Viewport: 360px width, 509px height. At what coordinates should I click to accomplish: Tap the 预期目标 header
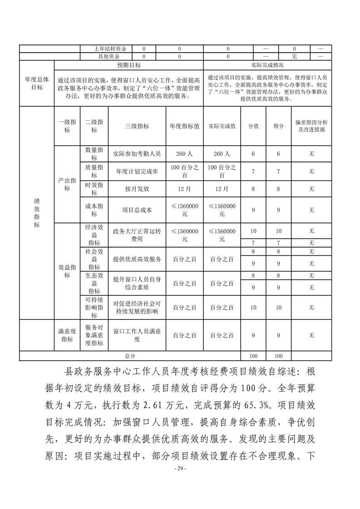coord(128,65)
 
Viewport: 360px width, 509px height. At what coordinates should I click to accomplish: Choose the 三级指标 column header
coord(137,126)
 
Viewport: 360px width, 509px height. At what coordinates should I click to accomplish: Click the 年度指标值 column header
coord(184,126)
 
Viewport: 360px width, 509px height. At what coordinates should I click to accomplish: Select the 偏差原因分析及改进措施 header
coord(311,126)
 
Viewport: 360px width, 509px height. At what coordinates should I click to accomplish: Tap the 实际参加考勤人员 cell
coord(137,154)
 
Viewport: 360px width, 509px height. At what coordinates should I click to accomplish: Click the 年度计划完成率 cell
coord(137,171)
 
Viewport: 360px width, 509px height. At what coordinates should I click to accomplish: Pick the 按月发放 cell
coord(137,188)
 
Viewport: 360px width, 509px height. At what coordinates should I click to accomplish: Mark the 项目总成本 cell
coord(137,210)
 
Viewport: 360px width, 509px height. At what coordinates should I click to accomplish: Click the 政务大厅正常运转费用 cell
coord(137,235)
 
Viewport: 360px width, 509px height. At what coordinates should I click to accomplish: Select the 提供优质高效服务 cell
coord(137,259)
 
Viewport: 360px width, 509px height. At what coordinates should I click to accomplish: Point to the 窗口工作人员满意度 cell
coord(137,335)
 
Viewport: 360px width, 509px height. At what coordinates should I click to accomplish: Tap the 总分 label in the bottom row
coord(130,356)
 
